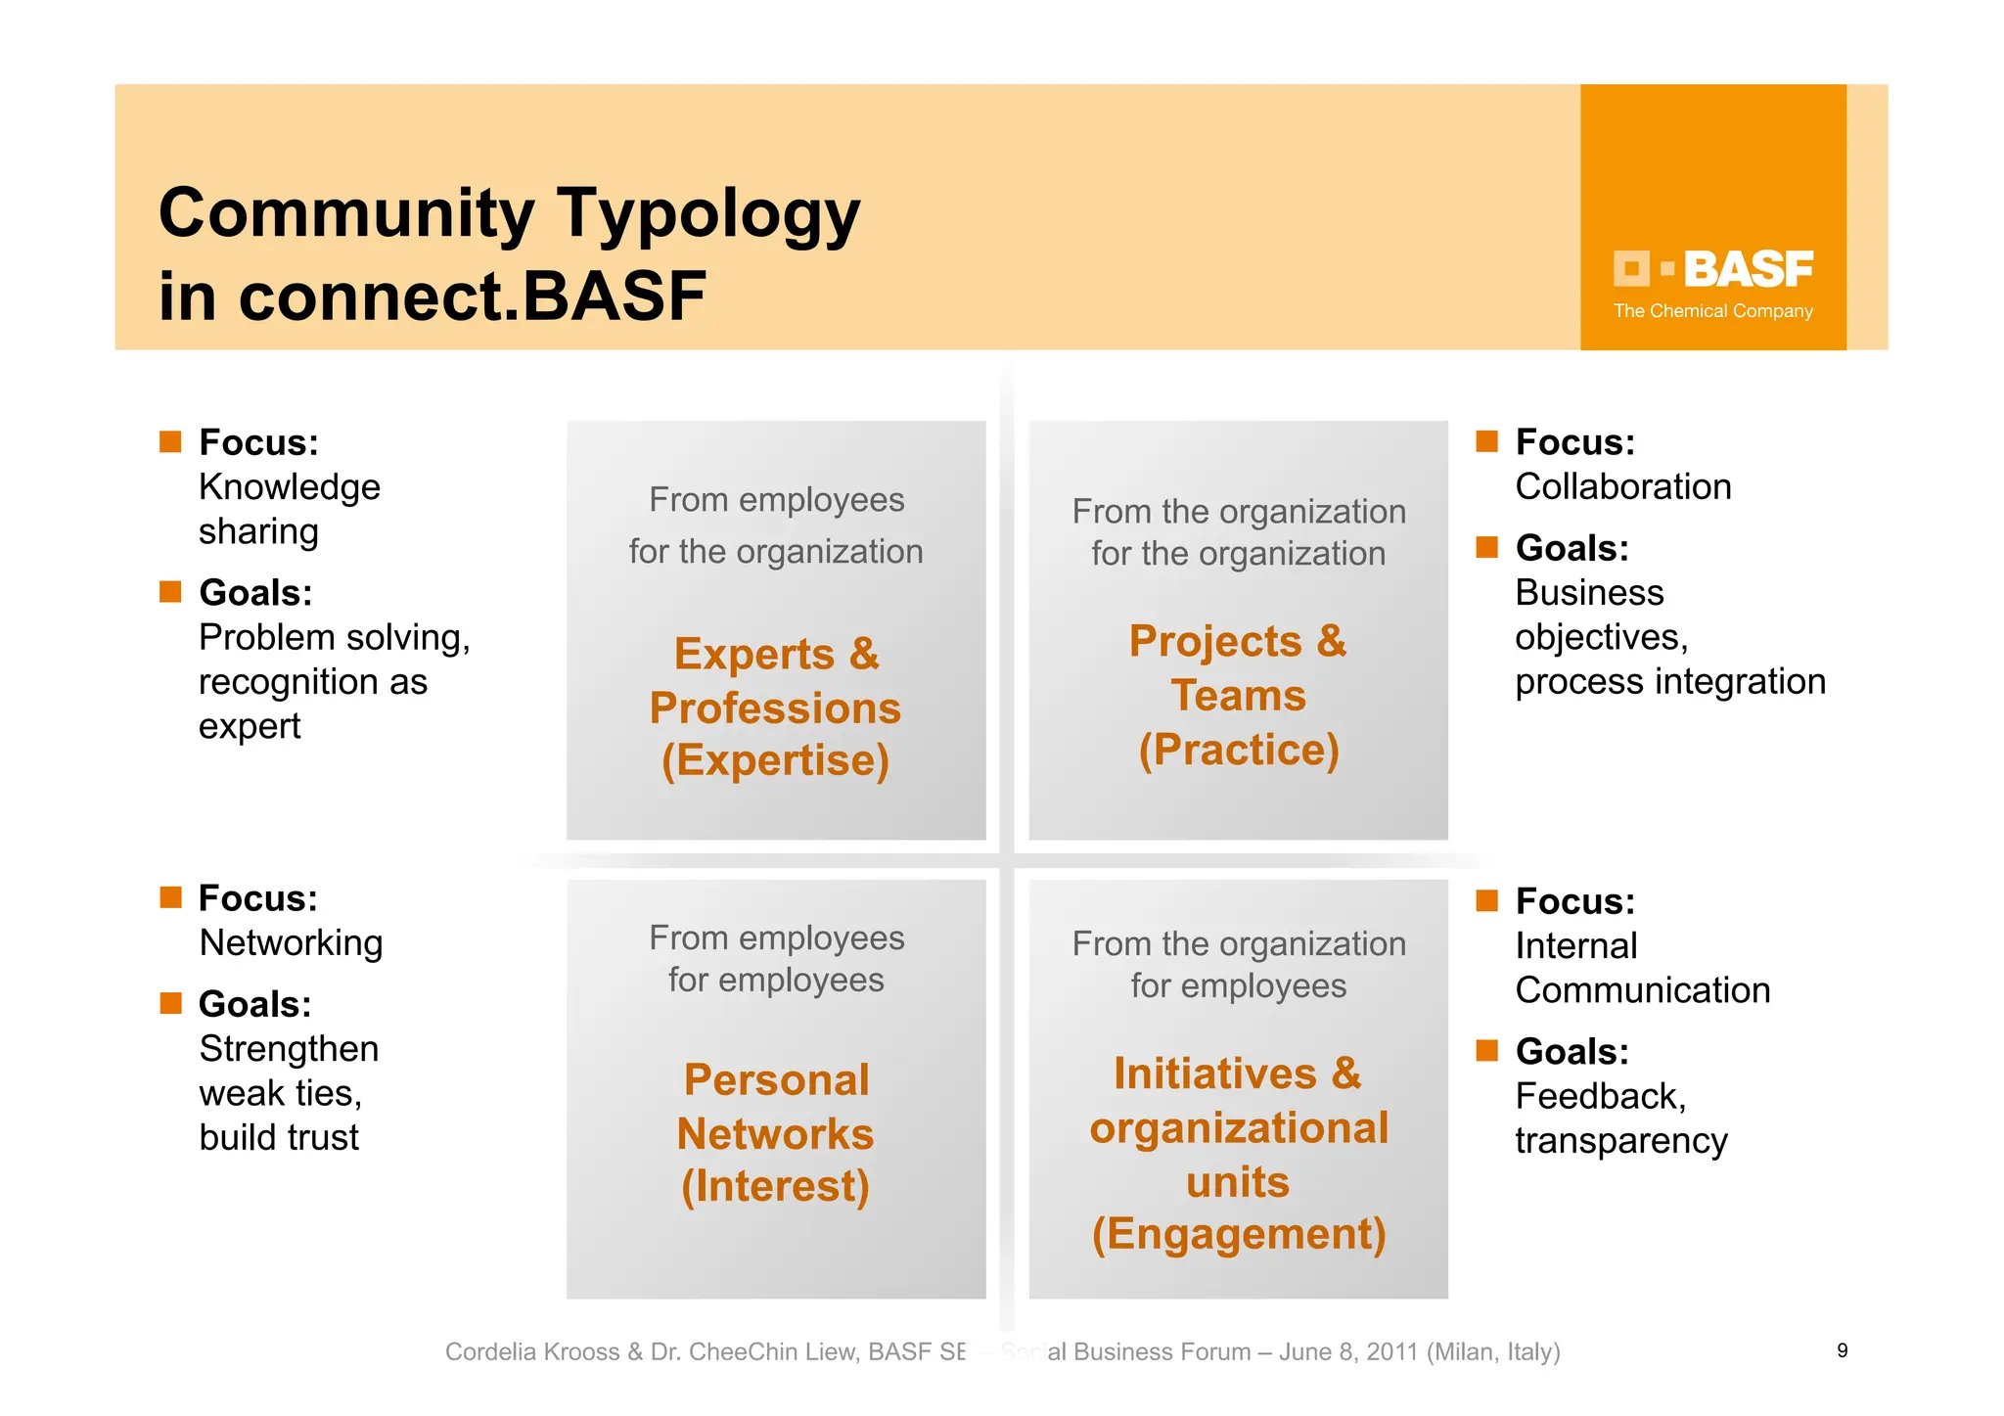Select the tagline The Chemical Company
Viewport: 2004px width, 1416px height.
[x=1712, y=311]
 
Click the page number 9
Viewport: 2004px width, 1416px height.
[x=1842, y=1350]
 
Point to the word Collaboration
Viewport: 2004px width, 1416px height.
[x=1622, y=486]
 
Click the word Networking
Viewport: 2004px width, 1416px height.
[x=291, y=943]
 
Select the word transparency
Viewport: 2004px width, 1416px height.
[x=1620, y=1141]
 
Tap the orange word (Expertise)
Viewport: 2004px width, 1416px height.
[x=775, y=760]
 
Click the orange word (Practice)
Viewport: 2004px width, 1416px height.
[x=1238, y=751]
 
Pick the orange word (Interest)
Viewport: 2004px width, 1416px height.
[x=775, y=1186]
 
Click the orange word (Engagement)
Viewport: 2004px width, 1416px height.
[x=1238, y=1234]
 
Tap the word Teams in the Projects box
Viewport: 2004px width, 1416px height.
[x=1238, y=696]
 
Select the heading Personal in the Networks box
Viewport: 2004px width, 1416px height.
[x=776, y=1080]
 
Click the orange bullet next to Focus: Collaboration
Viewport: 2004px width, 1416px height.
[x=1486, y=441]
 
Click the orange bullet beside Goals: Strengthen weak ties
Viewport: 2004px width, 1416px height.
[x=171, y=1003]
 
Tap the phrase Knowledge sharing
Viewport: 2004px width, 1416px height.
[x=289, y=509]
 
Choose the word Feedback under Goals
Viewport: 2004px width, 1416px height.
[x=1599, y=1096]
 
